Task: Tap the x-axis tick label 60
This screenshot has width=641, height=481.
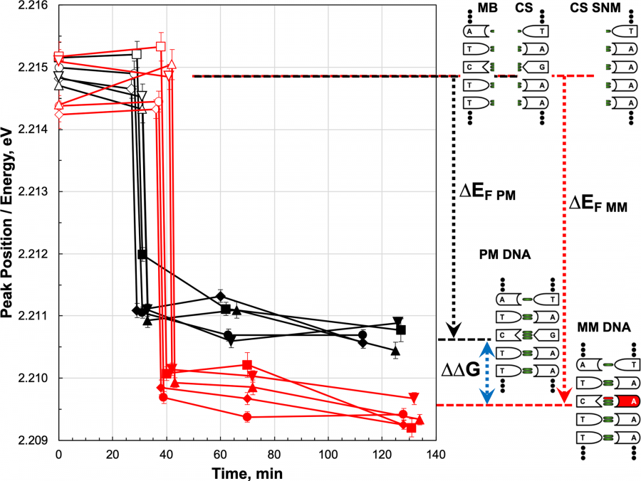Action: point(220,454)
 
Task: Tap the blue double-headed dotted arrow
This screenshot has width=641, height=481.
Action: point(486,374)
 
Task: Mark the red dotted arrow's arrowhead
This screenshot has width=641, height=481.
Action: point(564,395)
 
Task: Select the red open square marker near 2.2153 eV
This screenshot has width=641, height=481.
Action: point(161,47)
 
